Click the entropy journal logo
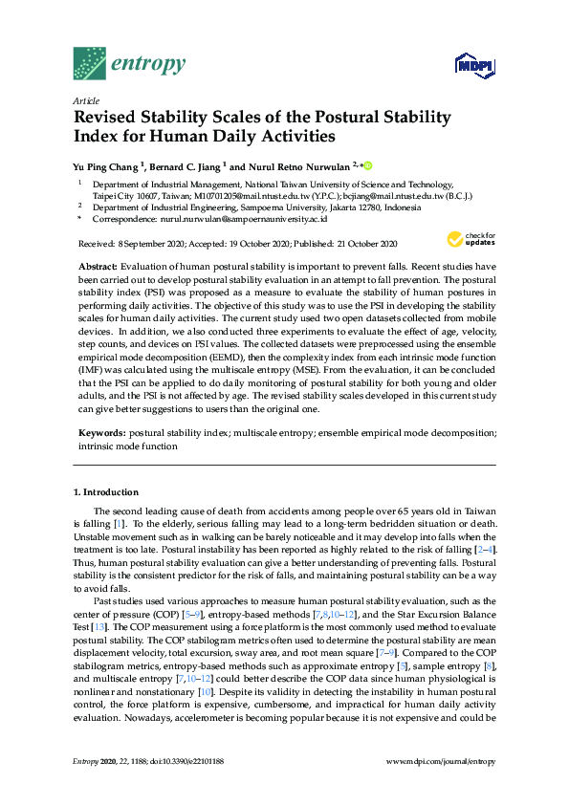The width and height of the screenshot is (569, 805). pyautogui.click(x=128, y=63)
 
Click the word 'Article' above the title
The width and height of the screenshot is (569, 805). pyautogui.click(x=86, y=99)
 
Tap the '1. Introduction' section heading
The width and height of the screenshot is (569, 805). pyautogui.click(x=106, y=491)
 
